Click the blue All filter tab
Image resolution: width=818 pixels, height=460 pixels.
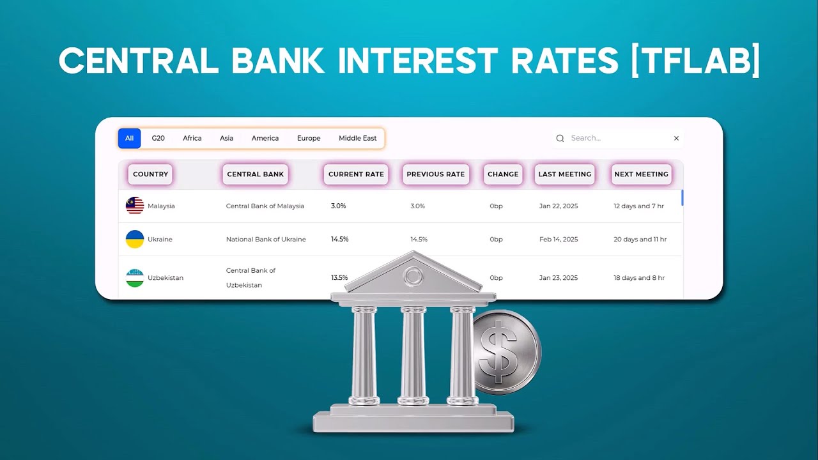[x=129, y=138]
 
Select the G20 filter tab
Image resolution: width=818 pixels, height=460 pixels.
[x=158, y=138]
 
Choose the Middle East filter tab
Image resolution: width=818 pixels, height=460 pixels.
[x=357, y=138]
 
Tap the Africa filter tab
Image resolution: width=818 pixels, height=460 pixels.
[x=192, y=138]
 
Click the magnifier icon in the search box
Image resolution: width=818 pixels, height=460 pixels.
[x=560, y=138]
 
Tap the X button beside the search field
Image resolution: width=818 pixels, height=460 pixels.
[x=676, y=138]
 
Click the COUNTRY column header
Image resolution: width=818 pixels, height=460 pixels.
[x=150, y=174]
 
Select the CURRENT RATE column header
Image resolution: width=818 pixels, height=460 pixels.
[x=356, y=174]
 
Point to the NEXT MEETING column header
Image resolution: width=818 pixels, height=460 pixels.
[x=641, y=174]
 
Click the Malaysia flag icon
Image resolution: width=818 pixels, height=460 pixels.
[x=135, y=206]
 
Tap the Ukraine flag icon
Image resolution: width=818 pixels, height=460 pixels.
[x=135, y=239]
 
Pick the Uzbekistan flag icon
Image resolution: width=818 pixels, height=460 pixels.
[x=135, y=278]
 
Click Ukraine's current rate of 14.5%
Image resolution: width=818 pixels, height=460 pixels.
[x=339, y=239]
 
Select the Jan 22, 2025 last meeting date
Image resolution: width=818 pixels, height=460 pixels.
[x=558, y=206]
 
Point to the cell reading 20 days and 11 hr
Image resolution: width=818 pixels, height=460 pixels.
[x=640, y=239]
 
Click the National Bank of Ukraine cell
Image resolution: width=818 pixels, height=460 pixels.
[x=266, y=239]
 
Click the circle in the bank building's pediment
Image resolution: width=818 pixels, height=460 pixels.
[x=413, y=276]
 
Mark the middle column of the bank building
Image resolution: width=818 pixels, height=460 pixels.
[x=413, y=355]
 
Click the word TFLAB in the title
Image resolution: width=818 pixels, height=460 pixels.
[x=695, y=61]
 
